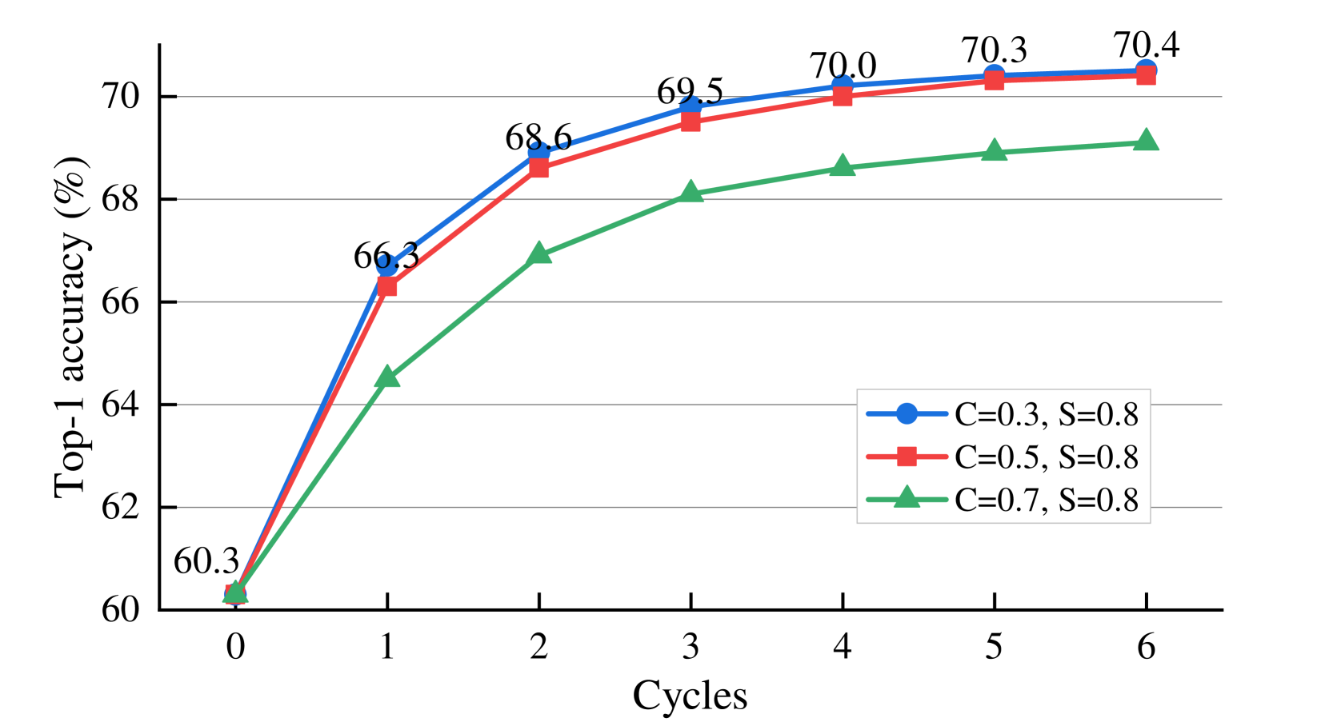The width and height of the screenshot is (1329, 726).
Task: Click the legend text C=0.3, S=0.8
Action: pos(1046,414)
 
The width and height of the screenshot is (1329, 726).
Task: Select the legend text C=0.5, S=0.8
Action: pos(1046,457)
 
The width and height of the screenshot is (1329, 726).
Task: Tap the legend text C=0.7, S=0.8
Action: pos(1046,501)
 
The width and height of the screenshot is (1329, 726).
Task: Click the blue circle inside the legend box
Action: pos(907,413)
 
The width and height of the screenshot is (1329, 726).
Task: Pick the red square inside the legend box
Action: pos(907,457)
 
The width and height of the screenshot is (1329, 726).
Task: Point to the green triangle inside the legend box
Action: pos(907,498)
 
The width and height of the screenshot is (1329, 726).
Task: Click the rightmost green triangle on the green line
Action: pos(1146,141)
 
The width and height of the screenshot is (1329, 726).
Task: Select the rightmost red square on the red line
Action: pos(1146,75)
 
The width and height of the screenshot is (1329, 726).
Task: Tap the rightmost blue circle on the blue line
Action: pos(1146,69)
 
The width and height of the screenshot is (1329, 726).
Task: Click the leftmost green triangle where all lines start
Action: pos(234,592)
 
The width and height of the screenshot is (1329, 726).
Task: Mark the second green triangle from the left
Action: pos(387,377)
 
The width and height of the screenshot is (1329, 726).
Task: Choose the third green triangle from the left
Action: pos(539,253)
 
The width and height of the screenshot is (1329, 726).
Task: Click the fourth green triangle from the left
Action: pos(691,192)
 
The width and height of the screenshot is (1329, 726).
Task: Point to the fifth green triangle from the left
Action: pos(842,166)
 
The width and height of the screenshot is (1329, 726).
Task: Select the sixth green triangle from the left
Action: pos(994,150)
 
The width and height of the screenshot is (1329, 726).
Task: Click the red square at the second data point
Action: pos(387,286)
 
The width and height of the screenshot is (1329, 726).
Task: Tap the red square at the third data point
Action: pos(539,168)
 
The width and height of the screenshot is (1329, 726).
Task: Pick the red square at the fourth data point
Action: pos(691,122)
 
